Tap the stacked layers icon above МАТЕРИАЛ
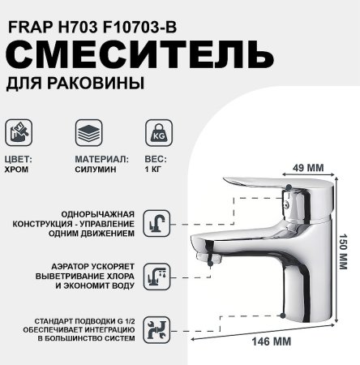click(88, 132)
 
